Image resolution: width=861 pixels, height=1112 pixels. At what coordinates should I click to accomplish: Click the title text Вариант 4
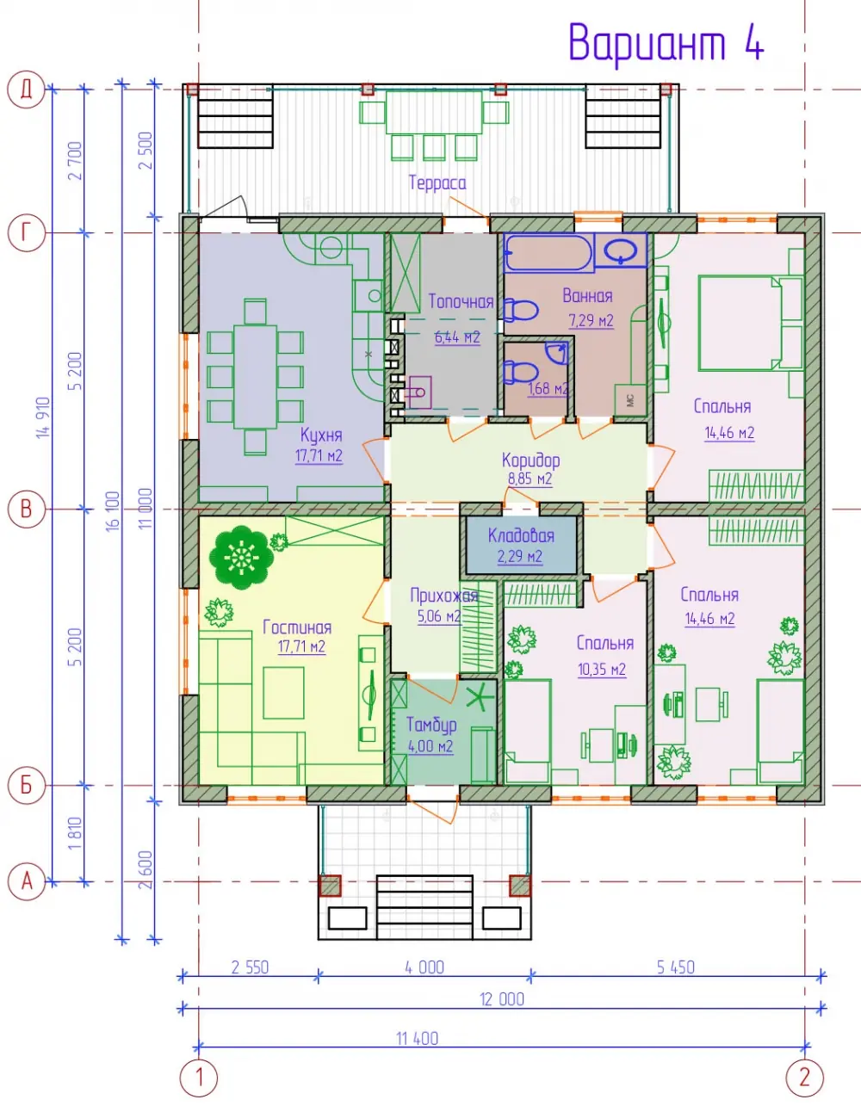click(x=666, y=43)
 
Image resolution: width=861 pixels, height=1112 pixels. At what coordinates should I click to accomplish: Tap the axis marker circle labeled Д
click(x=26, y=90)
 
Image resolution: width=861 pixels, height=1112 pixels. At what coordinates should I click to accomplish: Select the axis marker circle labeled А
click(x=27, y=881)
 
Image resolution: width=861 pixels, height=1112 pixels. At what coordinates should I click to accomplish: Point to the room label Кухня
click(x=321, y=436)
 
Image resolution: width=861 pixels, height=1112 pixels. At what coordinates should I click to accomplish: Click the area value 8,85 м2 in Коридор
click(x=530, y=479)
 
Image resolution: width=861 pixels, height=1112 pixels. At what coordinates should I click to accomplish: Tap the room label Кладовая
click(x=521, y=536)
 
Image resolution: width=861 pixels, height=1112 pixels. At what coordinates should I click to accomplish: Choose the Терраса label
click(x=437, y=182)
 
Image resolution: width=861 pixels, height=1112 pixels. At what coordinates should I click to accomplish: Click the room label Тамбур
click(x=431, y=726)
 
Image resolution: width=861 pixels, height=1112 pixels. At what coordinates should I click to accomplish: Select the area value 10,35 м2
click(x=602, y=670)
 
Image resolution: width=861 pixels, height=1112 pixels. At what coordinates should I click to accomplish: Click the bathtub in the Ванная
click(x=548, y=252)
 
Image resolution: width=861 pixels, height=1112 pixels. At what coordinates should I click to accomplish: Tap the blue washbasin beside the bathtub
click(x=621, y=250)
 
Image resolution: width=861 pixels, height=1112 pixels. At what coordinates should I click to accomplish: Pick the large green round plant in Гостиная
click(x=241, y=557)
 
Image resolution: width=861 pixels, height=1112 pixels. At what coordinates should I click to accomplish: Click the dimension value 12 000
click(x=502, y=999)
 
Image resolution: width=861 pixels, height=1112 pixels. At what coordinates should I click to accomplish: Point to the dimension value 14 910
click(x=44, y=417)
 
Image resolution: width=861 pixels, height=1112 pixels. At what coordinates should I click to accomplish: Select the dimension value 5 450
click(x=676, y=967)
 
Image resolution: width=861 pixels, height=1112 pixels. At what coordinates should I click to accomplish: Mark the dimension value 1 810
click(x=75, y=834)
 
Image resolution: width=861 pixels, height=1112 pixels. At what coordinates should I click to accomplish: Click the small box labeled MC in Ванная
click(x=630, y=400)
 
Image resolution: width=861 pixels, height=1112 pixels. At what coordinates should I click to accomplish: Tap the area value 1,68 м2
click(x=548, y=388)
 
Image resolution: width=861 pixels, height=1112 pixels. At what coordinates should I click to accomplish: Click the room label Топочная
click(x=461, y=301)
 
